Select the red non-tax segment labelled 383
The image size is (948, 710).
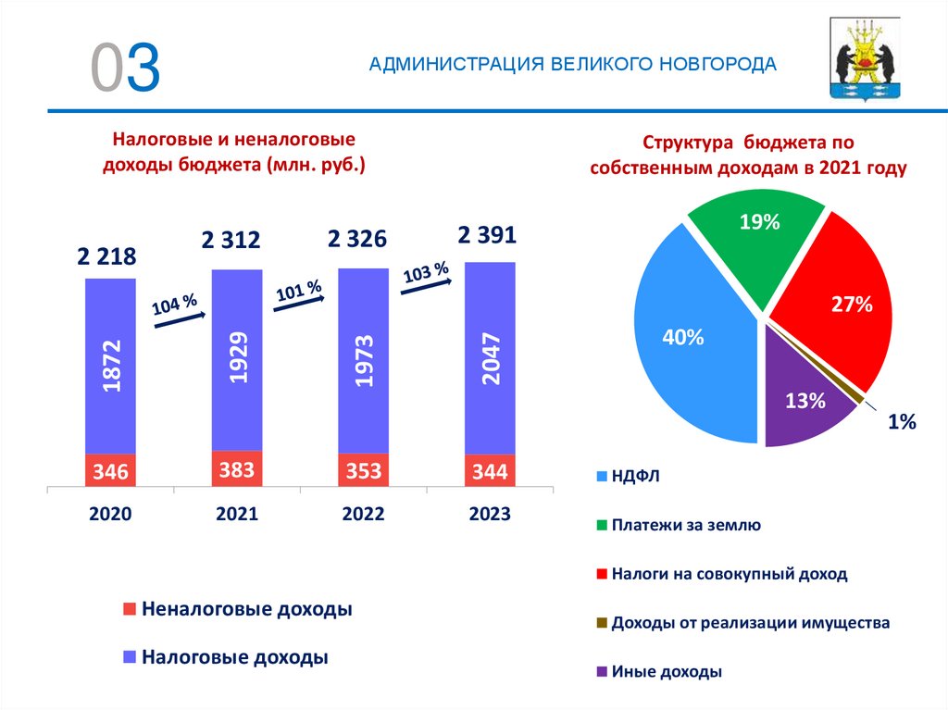pos(237,469)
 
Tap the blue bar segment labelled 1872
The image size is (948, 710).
pos(110,366)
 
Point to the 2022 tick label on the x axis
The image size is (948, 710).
pos(363,515)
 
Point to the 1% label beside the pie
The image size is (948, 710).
pos(901,422)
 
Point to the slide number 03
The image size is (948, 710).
pos(125,68)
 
